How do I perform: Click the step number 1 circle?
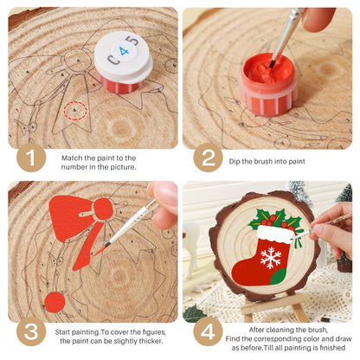[31, 157]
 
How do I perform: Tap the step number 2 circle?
[208, 157]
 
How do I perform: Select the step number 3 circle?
[31, 331]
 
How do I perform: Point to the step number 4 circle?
[208, 331]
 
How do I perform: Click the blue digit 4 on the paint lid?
[125, 51]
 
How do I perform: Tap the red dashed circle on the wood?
[75, 111]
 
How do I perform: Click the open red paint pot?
[267, 84]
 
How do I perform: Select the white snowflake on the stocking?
[271, 258]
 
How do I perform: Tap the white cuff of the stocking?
[276, 235]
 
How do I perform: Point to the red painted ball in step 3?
[55, 302]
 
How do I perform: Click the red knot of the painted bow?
[103, 209]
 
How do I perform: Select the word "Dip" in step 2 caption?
[235, 161]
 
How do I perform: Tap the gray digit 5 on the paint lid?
[134, 41]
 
